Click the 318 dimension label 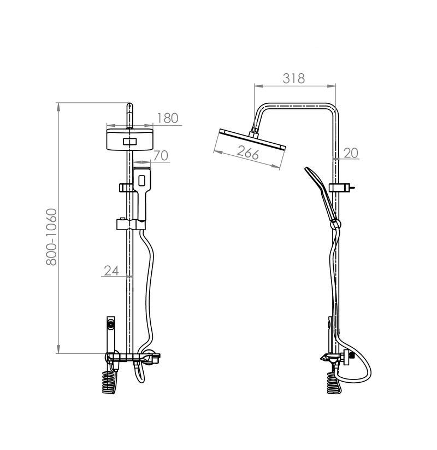(x=294, y=78)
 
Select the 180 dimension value (x=168, y=118)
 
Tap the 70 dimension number (x=161, y=155)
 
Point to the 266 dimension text (x=248, y=153)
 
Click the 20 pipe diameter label (x=351, y=153)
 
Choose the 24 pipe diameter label (x=111, y=270)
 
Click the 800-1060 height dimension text (x=52, y=237)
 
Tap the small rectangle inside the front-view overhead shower (x=131, y=142)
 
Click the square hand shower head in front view (x=141, y=179)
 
